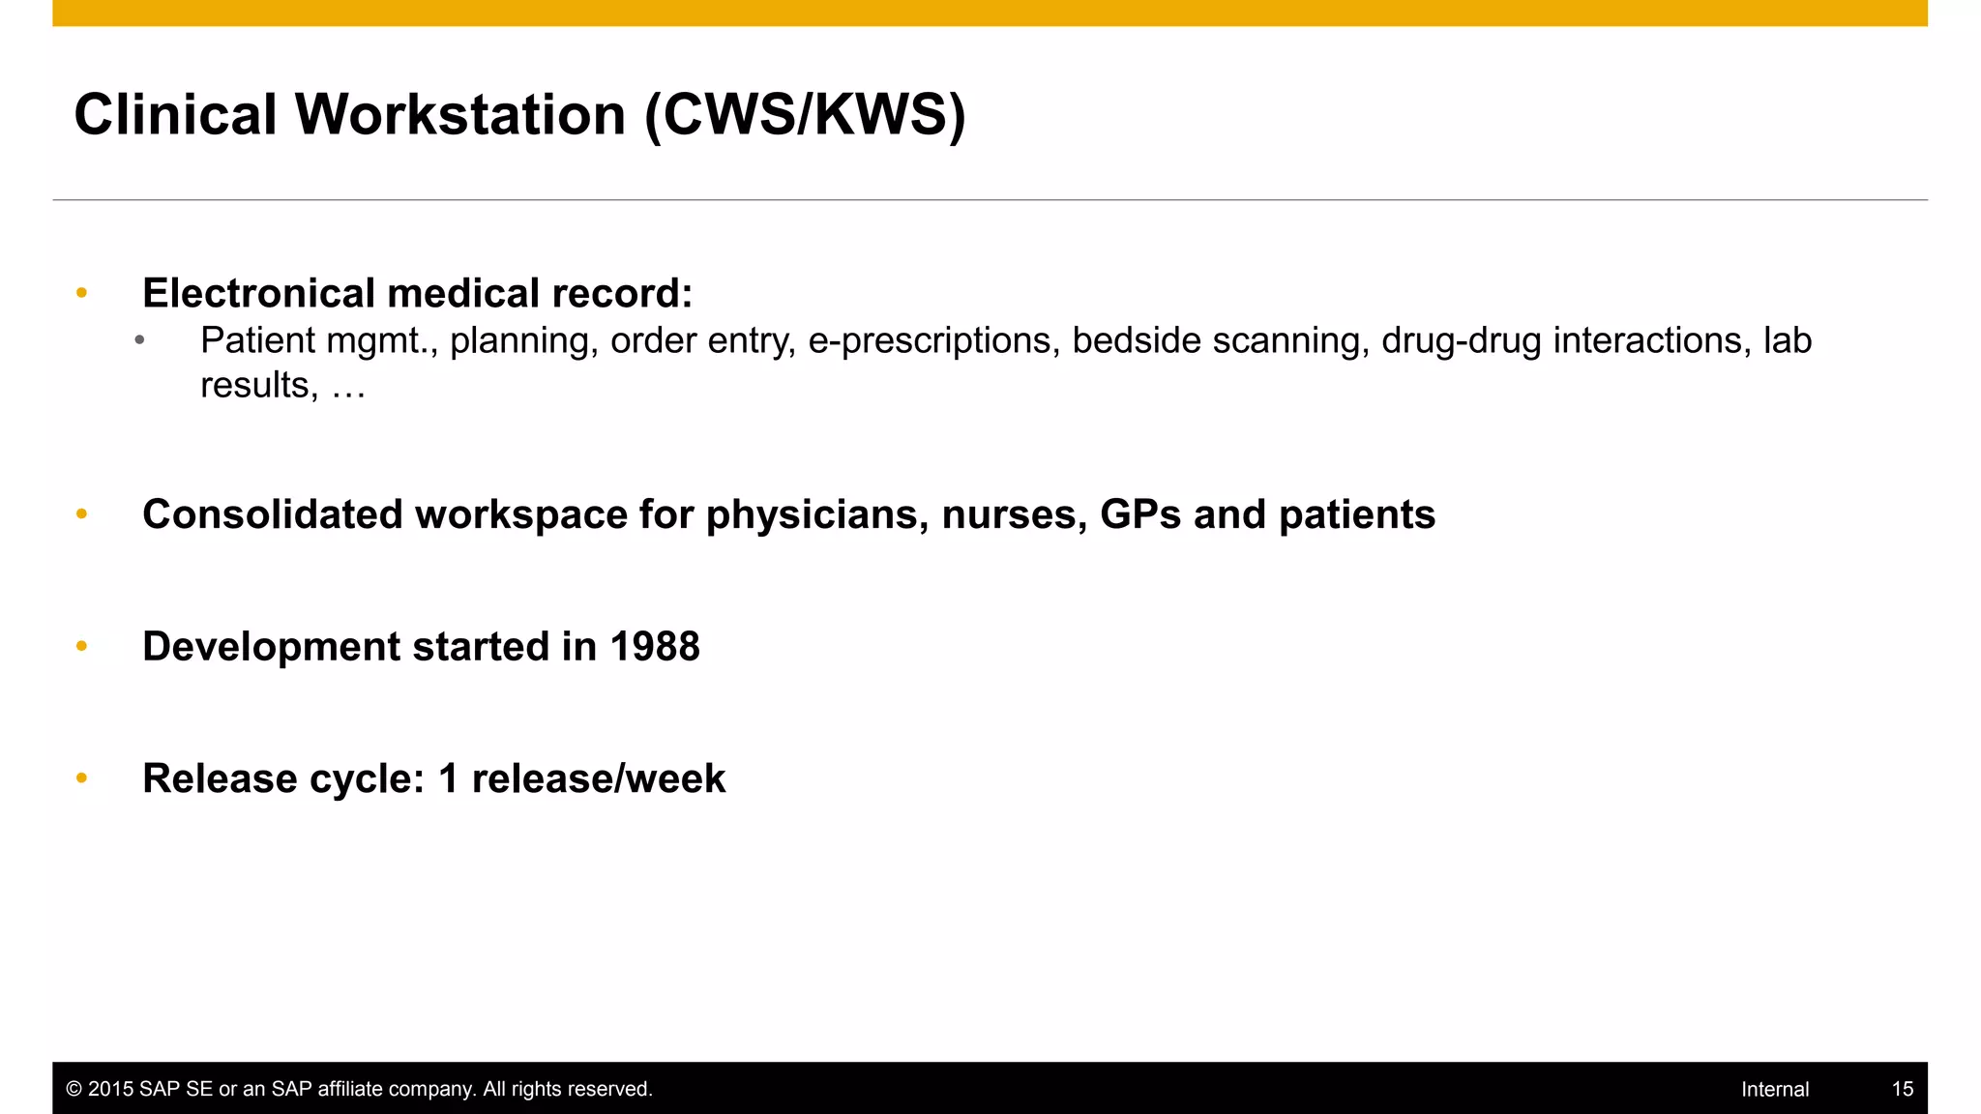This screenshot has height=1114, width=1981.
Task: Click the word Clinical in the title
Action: point(176,114)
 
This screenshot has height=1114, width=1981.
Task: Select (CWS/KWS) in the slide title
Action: point(805,114)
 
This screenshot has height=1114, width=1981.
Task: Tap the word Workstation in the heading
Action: point(460,114)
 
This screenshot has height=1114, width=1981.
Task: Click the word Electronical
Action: point(258,293)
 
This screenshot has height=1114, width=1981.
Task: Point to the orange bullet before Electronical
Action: point(82,293)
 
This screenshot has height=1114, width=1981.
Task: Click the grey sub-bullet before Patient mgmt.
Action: point(140,340)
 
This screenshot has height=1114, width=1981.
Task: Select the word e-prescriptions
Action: point(930,340)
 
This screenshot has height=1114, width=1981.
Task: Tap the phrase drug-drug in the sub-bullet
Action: point(1461,340)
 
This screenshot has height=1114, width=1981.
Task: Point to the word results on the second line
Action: point(254,385)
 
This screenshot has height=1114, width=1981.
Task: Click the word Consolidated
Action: point(273,514)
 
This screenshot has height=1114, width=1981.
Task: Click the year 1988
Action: point(654,647)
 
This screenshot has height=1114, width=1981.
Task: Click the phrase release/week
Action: point(598,779)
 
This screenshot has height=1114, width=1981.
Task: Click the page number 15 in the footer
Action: point(1902,1089)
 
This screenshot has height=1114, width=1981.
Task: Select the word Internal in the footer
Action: point(1774,1089)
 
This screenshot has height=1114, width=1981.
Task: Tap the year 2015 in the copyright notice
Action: point(110,1089)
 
